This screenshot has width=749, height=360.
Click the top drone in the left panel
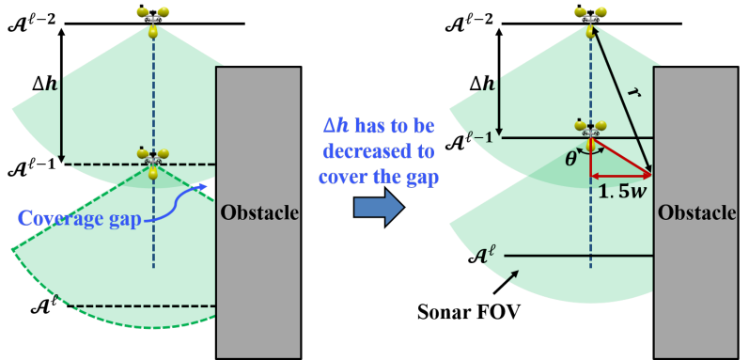(x=152, y=19)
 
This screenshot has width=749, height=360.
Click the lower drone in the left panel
(x=152, y=159)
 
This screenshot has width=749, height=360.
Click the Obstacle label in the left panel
(x=258, y=212)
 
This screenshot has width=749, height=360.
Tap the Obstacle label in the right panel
(x=696, y=212)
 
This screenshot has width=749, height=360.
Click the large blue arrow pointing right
(x=378, y=208)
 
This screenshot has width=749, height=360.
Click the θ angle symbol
(x=570, y=159)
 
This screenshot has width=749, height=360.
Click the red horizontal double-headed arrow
(x=620, y=176)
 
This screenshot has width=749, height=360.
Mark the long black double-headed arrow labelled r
(x=620, y=99)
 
